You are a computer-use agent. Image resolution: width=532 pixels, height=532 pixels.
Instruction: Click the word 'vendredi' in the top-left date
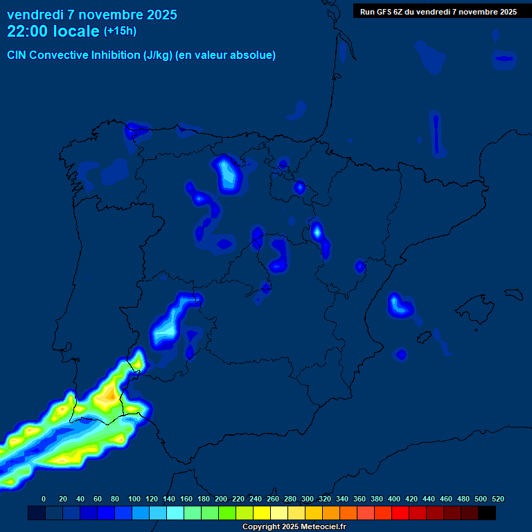coord(31,15)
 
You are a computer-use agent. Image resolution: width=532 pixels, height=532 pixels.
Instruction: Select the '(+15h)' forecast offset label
coord(120,31)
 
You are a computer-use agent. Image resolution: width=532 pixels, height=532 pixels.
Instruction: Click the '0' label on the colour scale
coord(44,499)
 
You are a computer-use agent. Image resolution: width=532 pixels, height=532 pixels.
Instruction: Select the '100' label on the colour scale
coord(134,499)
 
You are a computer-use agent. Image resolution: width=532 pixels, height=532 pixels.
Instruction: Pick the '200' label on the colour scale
coord(221,499)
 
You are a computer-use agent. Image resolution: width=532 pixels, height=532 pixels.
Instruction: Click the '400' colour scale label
coord(394,499)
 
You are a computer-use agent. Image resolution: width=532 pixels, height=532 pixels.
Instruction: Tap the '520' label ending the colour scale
coord(497,499)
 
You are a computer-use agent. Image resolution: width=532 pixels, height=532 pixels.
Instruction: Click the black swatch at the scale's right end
coord(487,513)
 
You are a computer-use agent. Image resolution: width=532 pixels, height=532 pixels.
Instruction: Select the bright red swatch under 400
coord(400,513)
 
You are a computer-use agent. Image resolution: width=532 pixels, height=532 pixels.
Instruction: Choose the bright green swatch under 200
coord(227,513)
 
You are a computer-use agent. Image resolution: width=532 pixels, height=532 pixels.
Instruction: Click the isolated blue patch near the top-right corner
coord(504,59)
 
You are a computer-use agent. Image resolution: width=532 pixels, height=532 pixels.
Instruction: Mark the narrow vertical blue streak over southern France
coord(436,134)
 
